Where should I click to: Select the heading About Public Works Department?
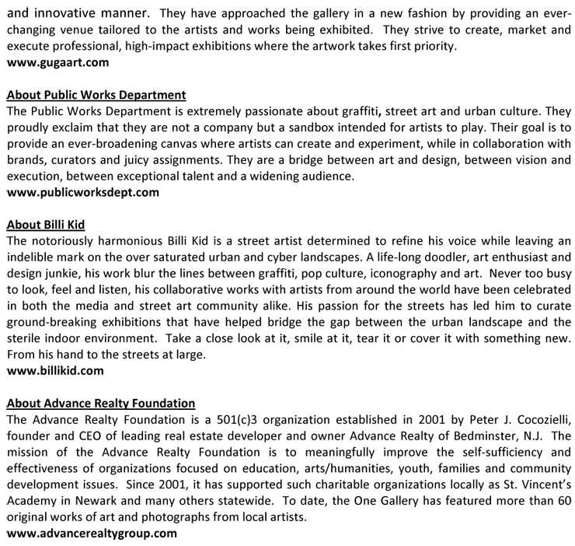click(96, 95)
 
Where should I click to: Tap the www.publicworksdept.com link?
click(82, 192)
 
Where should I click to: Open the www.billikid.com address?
click(54, 371)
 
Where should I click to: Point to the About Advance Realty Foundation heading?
click(100, 404)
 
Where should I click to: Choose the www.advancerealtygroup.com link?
click(91, 534)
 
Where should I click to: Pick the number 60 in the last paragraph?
click(562, 501)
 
